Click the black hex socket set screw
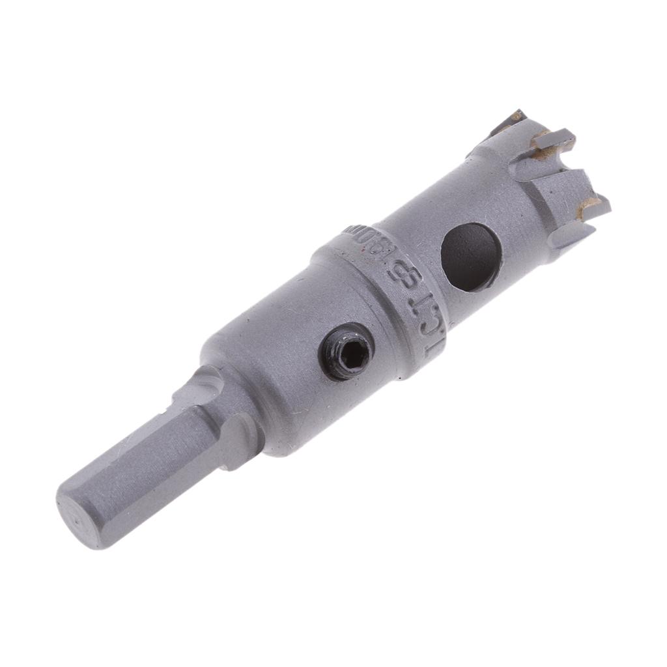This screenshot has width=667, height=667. tap(346, 356)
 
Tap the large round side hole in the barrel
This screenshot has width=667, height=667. tap(471, 257)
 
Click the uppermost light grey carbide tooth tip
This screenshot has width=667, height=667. tap(554, 139)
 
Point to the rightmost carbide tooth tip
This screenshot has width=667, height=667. tap(596, 206)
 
